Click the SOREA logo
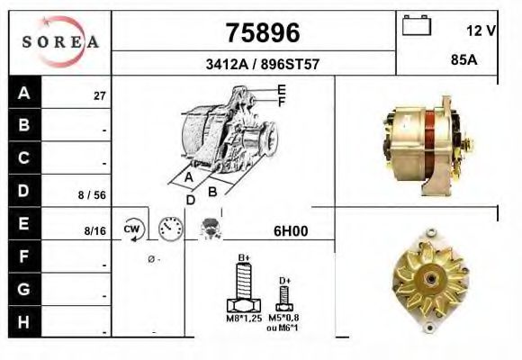coord(60,41)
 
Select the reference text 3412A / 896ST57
coord(261,64)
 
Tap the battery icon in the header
coord(417,26)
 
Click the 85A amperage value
coord(462,63)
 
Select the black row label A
coord(24,93)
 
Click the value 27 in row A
coord(100,94)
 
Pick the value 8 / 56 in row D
coord(93,193)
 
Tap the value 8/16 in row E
coord(94,231)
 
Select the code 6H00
coord(290,230)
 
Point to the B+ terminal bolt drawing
coord(243,288)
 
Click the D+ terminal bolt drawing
coord(284,298)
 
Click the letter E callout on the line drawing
coord(282,89)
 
